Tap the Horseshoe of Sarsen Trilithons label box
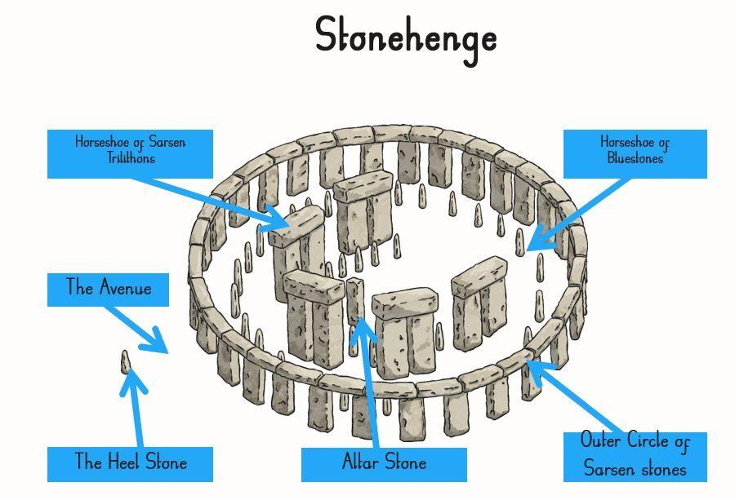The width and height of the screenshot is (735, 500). point(131,153)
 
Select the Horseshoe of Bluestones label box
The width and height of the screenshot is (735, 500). point(635,153)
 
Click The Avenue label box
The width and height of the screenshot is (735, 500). point(108,290)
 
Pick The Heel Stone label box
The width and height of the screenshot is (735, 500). point(131,463)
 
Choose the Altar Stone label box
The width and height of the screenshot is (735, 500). point(384,464)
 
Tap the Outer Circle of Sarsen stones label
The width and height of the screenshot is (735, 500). point(635,456)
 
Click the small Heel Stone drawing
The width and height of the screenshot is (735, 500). point(126,362)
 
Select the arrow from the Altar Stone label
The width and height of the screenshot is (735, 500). point(364,383)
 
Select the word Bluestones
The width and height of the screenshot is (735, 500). point(635,158)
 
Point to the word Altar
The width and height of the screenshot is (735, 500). point(360,462)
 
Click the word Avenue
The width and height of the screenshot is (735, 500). point(126,287)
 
